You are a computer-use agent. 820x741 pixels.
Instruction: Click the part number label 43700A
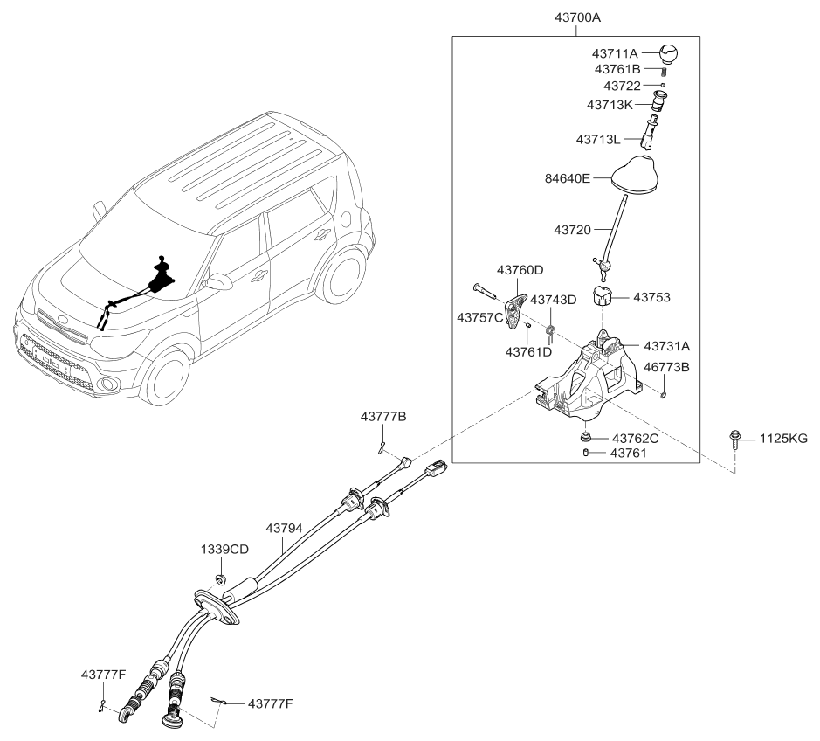point(577,17)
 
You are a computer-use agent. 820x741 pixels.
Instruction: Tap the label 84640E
point(568,179)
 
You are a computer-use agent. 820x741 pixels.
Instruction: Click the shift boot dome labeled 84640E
point(637,175)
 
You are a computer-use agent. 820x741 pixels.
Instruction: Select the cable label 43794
point(282,529)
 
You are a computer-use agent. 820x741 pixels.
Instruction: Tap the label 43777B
point(383,418)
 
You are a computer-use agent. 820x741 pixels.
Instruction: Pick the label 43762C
point(635,438)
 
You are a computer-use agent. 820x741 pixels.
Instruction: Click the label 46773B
point(667,368)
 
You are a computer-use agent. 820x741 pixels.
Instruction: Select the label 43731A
point(666,346)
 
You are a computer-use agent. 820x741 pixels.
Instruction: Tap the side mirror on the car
point(217,281)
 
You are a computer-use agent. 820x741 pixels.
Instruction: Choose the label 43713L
point(598,139)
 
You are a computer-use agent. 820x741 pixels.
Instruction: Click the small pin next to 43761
point(587,453)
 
